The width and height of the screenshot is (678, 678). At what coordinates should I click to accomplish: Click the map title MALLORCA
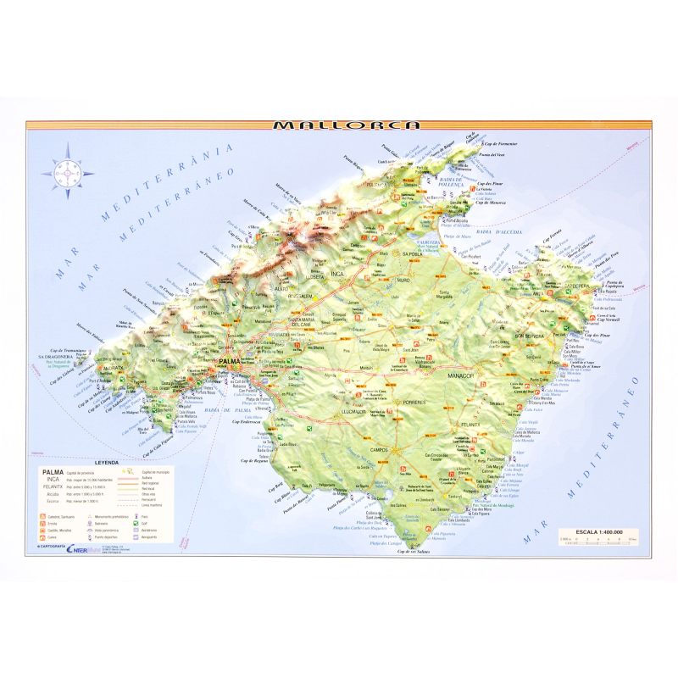tap(347, 125)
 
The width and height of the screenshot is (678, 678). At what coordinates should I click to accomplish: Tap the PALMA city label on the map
tap(229, 362)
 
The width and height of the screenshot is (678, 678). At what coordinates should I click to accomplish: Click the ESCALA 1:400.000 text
tap(599, 531)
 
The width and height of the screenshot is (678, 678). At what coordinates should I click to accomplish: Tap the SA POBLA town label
tap(413, 253)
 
